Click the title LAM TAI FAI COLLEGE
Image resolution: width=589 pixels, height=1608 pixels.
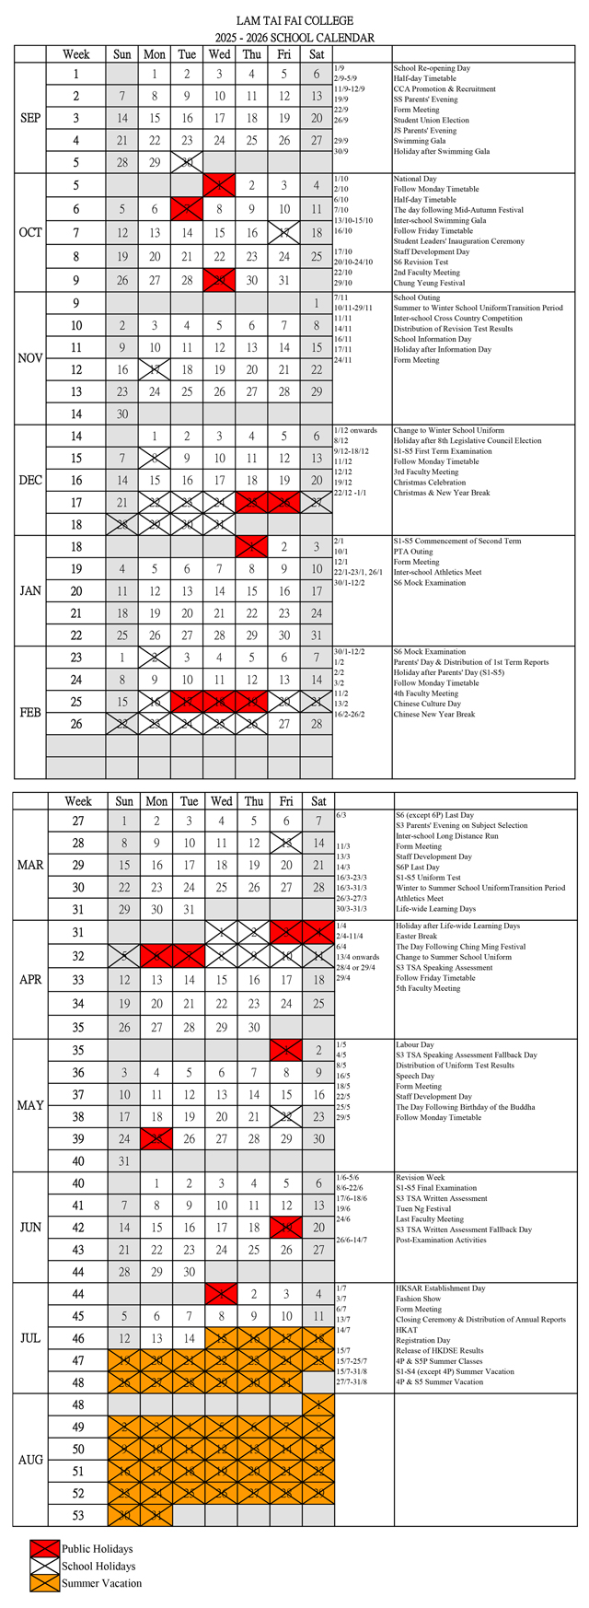[x=294, y=20]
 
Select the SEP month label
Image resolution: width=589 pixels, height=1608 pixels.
[x=29, y=118]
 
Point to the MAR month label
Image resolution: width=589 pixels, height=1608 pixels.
[x=29, y=865]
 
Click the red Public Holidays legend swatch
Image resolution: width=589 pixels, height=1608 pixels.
[x=42, y=1549]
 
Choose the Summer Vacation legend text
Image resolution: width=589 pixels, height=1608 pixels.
[x=101, y=1583]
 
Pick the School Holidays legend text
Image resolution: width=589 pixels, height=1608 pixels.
[x=98, y=1566]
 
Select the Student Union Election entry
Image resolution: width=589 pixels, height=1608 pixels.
[x=431, y=121]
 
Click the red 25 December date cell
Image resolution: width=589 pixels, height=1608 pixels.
[x=252, y=502]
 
